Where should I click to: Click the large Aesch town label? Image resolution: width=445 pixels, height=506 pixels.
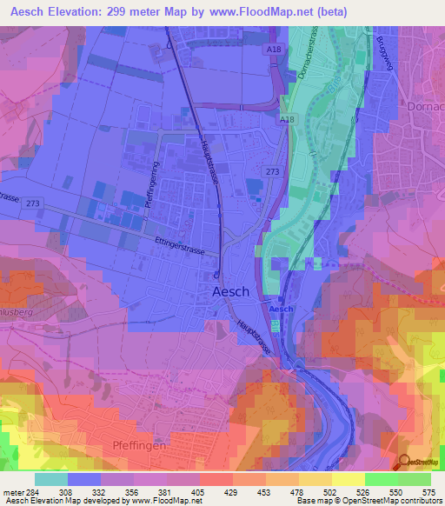coord(230,293)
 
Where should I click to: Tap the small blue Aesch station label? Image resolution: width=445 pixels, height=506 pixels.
coord(278,310)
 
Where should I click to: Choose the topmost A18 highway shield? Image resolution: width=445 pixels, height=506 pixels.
coord(273,50)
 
